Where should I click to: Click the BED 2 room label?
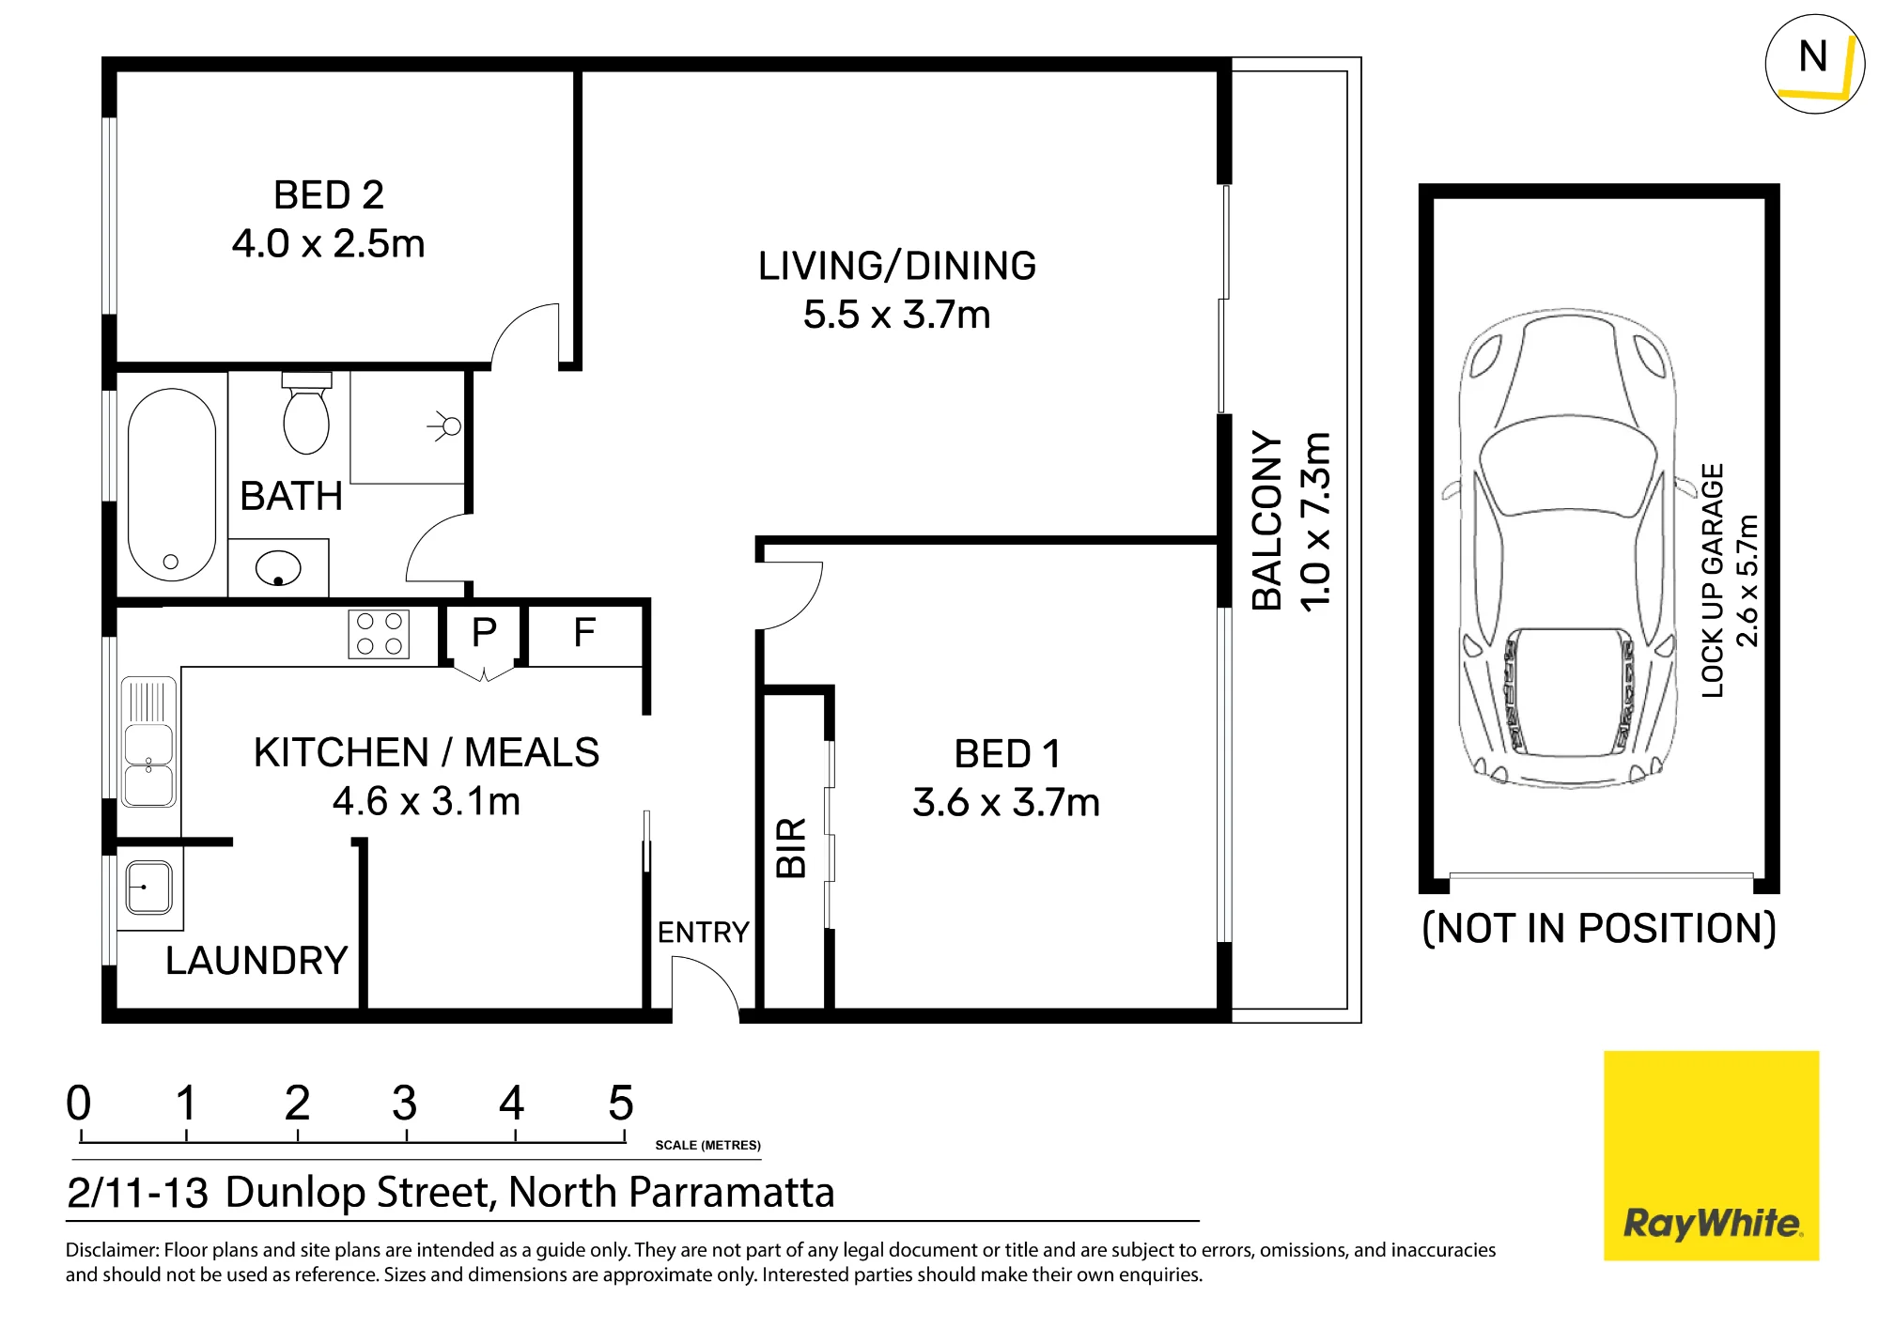[x=329, y=195]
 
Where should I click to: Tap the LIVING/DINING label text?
[x=897, y=266]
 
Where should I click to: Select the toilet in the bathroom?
[x=306, y=413]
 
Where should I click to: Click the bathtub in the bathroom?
[x=172, y=485]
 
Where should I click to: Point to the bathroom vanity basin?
[x=278, y=567]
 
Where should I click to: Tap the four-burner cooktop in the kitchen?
[x=379, y=633]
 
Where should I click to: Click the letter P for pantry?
[x=484, y=632]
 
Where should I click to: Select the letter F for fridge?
[x=584, y=632]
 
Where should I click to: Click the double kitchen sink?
[x=149, y=742]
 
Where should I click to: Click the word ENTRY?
[x=703, y=933]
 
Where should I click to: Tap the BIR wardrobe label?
[x=792, y=847]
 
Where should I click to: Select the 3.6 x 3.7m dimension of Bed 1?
[x=1006, y=803]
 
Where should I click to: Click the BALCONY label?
[x=1267, y=521]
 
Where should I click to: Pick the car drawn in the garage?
[x=1567, y=549]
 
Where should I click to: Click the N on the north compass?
[x=1813, y=56]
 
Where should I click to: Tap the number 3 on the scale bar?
[x=405, y=1103]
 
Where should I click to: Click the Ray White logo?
[x=1712, y=1155]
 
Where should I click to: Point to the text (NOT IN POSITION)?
[x=1599, y=928]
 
